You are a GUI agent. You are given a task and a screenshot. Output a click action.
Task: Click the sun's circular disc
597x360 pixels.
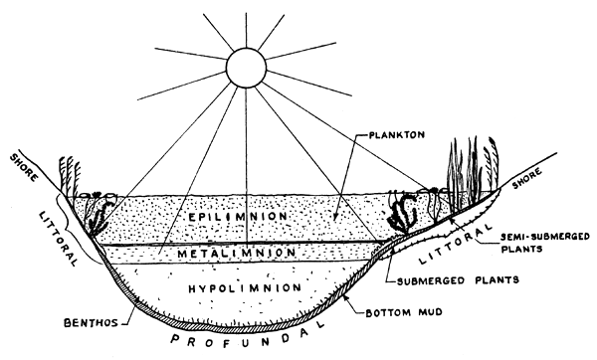click(x=242, y=67)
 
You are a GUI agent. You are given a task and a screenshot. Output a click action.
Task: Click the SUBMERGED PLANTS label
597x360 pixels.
click(x=457, y=281)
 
